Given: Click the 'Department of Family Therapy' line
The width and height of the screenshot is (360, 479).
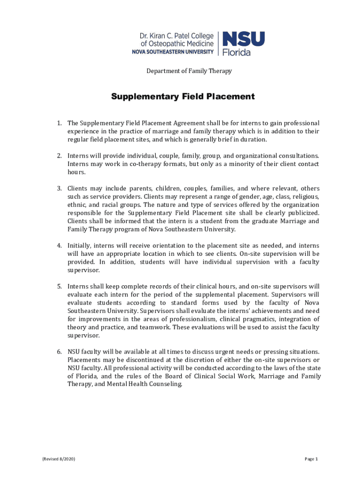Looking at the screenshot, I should pos(189,71).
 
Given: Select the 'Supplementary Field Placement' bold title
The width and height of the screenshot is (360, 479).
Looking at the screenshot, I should pos(183,97).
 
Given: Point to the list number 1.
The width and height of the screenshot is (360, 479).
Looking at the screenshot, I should pos(59,123).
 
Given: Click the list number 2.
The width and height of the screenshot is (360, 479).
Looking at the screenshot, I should pos(59,155).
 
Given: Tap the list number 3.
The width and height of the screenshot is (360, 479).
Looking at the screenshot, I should pos(59,188).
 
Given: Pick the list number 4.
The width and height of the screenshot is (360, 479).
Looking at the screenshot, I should pos(59,245).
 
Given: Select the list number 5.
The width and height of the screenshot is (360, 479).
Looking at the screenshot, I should pos(59,286).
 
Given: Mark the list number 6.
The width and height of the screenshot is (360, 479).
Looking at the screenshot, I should pos(59,351).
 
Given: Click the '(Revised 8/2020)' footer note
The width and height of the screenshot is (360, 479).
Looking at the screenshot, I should pos(58,459).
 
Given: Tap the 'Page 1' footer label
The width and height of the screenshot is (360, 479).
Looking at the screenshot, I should pos(311,459).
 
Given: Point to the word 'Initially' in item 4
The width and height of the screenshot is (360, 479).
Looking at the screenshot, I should pos(79,245).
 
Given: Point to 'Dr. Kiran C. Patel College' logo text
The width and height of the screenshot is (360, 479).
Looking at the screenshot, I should pos(177,36).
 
